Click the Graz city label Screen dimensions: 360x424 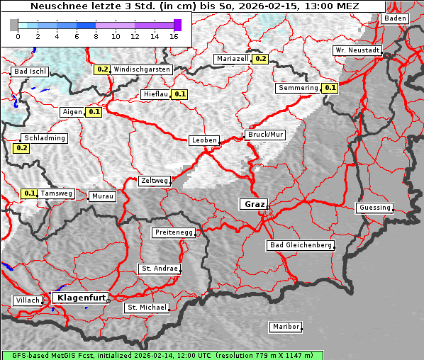[x=253, y=204]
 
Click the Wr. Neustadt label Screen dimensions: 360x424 [x=358, y=51]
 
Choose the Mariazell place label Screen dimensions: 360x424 [x=233, y=59]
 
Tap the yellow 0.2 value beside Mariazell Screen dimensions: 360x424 [x=260, y=59]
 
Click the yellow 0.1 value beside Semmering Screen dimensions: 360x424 [x=330, y=88]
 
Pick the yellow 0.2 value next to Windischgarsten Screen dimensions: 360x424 [x=102, y=69]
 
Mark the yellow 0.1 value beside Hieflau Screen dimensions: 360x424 [x=180, y=94]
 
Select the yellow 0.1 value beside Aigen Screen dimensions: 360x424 [x=94, y=112]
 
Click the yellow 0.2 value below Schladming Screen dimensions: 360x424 [x=21, y=148]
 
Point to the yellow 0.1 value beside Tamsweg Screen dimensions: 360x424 [x=29, y=193]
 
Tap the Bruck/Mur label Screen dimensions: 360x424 [x=265, y=135]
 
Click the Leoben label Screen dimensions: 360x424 [x=204, y=140]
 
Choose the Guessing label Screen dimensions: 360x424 [x=374, y=208]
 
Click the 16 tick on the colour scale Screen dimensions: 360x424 [x=174, y=35]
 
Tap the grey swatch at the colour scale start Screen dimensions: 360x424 [x=14, y=25]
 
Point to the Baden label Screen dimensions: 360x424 [x=396, y=18]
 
